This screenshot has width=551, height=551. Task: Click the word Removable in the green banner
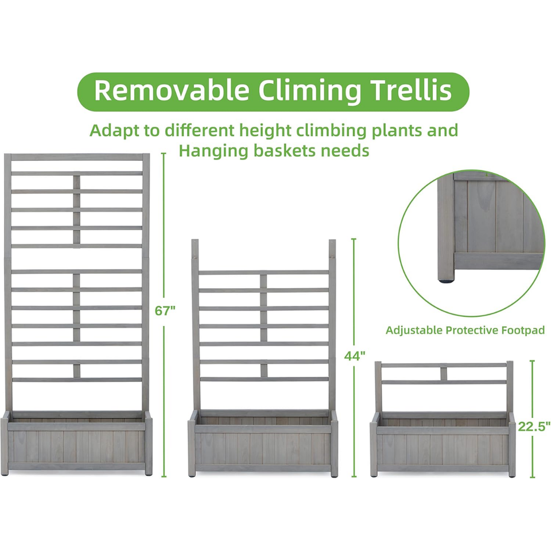pos(172,91)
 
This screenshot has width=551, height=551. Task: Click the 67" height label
pos(165,311)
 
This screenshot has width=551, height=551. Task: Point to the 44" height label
pos(355,356)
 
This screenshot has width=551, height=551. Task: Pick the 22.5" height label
pos(534,426)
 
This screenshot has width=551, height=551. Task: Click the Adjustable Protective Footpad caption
pos(465,331)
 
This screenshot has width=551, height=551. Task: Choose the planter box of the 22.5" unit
pos(443,445)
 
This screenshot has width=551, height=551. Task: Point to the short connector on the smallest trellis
pos(443,373)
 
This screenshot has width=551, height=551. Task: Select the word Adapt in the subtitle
pos(114,130)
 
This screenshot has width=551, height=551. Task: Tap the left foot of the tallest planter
pos(5,472)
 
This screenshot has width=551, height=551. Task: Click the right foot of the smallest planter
pos(511,474)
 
